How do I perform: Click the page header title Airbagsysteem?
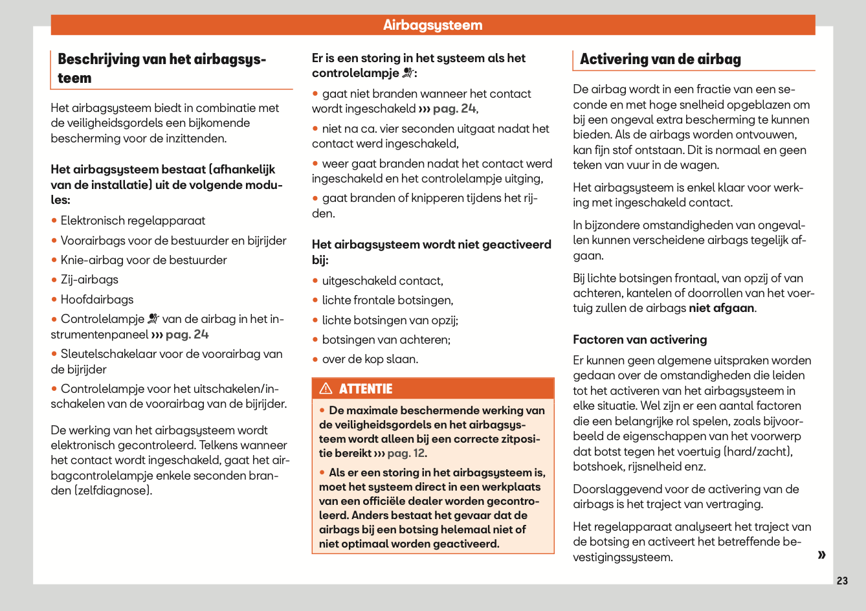click(x=432, y=25)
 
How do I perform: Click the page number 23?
click(x=841, y=581)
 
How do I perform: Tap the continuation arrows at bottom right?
click(x=821, y=555)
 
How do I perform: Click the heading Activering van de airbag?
click(x=660, y=60)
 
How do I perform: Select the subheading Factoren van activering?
click(x=639, y=340)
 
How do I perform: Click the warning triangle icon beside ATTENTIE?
click(x=326, y=388)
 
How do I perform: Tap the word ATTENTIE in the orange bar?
click(x=366, y=389)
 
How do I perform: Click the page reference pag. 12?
click(x=406, y=453)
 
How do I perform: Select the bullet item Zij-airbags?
click(x=89, y=280)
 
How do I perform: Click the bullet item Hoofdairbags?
click(x=97, y=300)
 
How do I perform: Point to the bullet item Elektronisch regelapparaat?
click(x=133, y=221)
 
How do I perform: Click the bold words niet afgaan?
click(x=721, y=308)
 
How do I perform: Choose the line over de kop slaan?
click(x=370, y=359)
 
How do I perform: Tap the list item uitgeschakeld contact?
click(x=382, y=281)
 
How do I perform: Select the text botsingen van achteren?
click(x=386, y=340)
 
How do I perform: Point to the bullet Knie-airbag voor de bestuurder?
click(x=144, y=260)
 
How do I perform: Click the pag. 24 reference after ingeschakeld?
click(x=454, y=109)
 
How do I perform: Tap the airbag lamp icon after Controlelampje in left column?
click(x=153, y=318)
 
